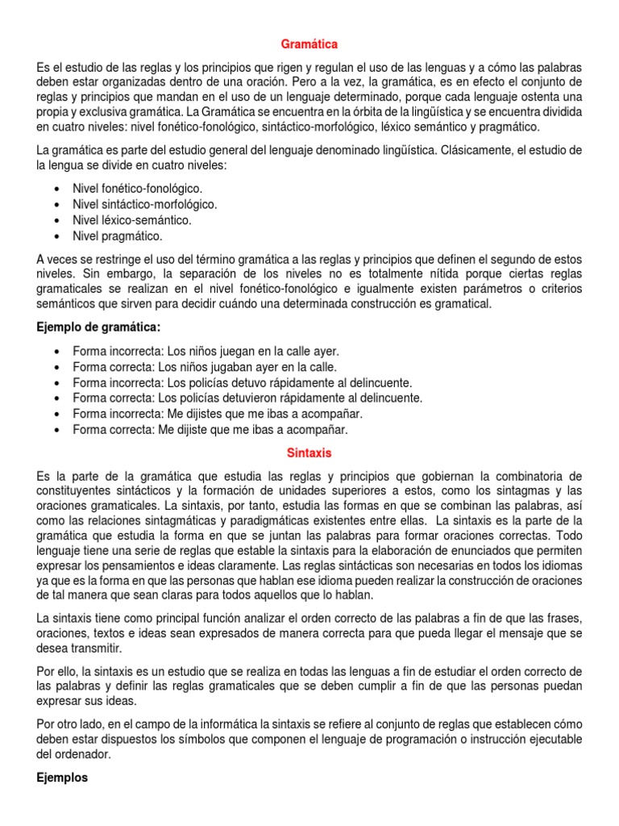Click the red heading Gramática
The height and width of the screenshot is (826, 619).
pyautogui.click(x=309, y=44)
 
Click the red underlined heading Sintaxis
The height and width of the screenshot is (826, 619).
pyautogui.click(x=309, y=453)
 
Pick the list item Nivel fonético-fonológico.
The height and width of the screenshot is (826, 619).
pyautogui.click(x=138, y=188)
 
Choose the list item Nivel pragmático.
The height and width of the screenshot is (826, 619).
pyautogui.click(x=118, y=236)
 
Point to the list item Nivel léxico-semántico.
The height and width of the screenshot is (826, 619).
pyautogui.click(x=132, y=220)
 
